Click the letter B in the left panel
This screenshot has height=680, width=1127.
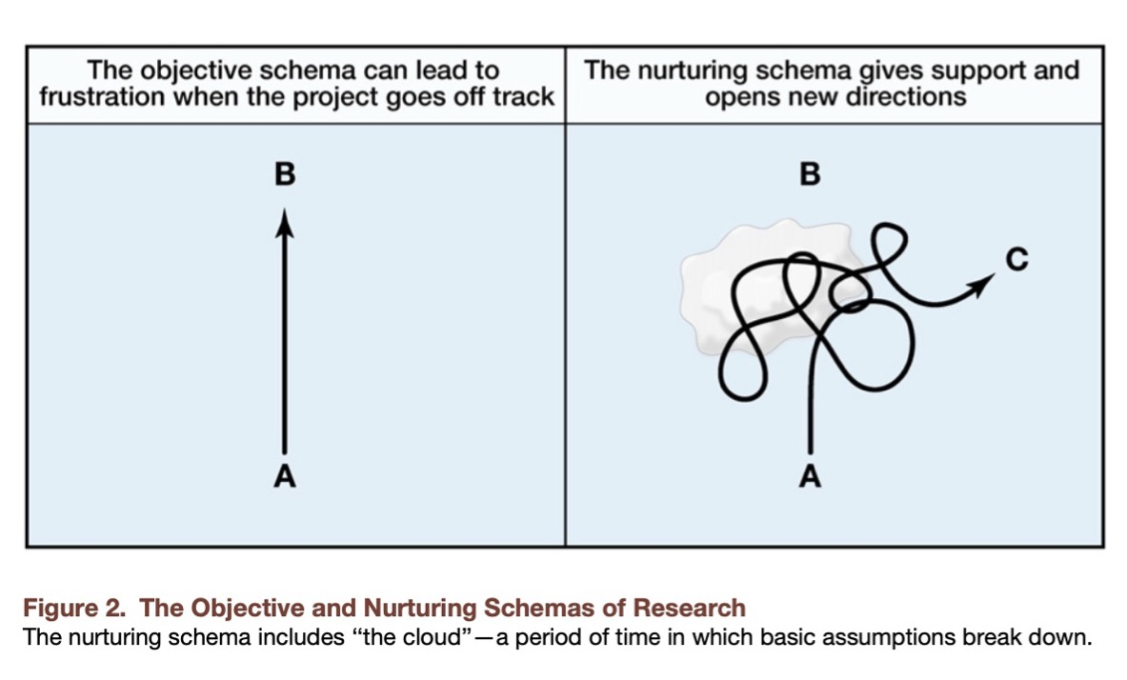pos(283,174)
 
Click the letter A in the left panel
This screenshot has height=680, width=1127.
pos(283,475)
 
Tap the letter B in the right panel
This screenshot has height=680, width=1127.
pos(810,174)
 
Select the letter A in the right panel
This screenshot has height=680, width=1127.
pos(810,475)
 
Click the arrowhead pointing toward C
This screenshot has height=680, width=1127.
pos(982,282)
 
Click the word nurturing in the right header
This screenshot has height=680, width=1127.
pos(699,70)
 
